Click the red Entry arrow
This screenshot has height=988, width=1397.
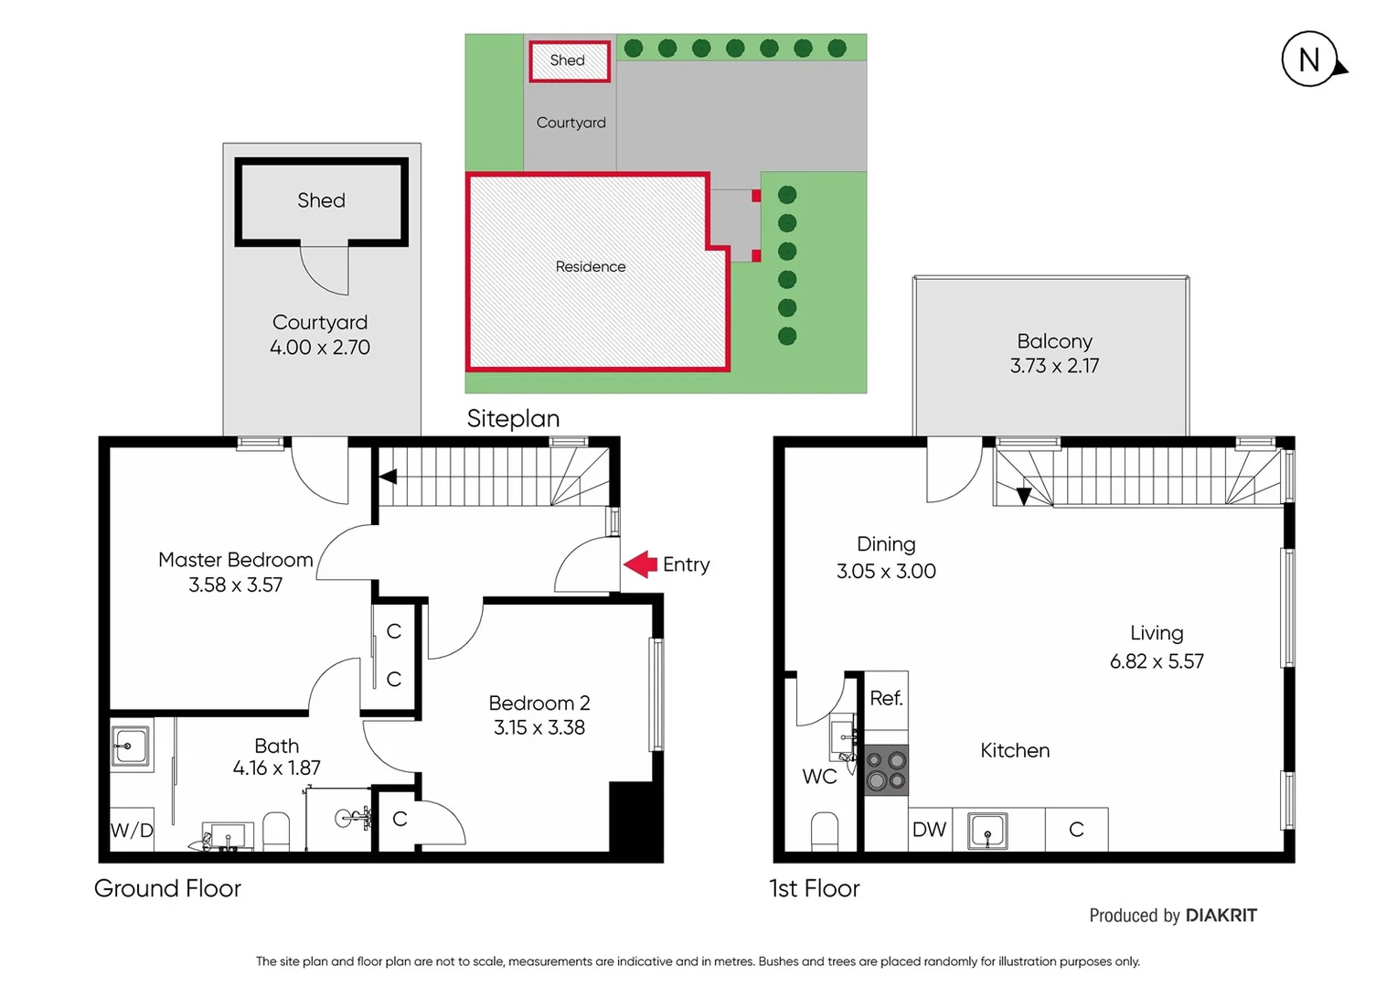pos(641,564)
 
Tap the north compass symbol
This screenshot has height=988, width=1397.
pos(1310,60)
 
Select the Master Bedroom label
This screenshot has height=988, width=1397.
pos(235,560)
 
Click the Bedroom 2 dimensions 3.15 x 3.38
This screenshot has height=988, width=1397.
pos(539,728)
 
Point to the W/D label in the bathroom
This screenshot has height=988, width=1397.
pos(132,831)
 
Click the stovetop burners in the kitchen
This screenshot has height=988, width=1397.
pos(886,770)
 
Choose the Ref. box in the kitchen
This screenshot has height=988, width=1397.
pos(886,699)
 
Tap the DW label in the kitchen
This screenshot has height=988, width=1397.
pos(929,830)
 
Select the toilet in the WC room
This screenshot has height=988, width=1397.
pos(824,832)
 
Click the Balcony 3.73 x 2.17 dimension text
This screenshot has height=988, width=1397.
pos(1054,366)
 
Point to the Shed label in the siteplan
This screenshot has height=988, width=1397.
pos(567,60)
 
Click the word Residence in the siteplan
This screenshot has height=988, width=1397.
pos(591,267)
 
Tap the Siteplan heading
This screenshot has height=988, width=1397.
pos(513,419)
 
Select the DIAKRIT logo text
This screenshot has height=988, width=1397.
pos(1221,916)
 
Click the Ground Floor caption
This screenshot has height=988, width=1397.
pos(167,888)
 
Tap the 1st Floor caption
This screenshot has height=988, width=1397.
pos(814,888)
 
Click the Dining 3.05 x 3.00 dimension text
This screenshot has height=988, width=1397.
pos(886,572)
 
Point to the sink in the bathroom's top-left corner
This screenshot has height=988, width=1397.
pos(131,746)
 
